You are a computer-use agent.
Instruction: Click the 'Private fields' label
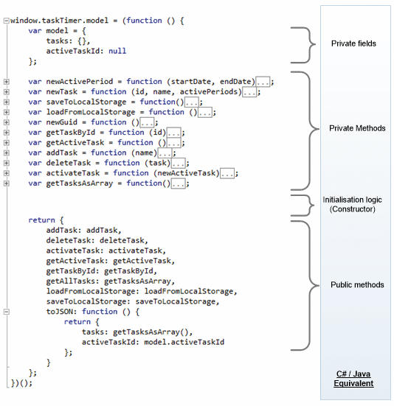click(x=353, y=43)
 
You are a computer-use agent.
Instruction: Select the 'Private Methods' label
click(x=357, y=128)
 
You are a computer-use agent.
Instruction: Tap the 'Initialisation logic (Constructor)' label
click(x=352, y=204)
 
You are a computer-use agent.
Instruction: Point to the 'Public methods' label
click(x=357, y=285)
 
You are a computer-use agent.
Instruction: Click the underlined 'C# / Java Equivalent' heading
click(x=353, y=379)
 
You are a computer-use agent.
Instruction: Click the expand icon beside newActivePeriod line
click(x=7, y=82)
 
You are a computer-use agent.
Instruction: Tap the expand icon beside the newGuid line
click(x=7, y=122)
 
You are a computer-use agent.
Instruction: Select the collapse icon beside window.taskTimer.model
click(x=7, y=21)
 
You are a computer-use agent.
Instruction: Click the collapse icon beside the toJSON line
click(x=7, y=312)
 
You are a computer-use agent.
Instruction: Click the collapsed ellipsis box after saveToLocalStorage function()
click(x=192, y=102)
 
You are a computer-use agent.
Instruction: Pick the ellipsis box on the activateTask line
click(x=227, y=173)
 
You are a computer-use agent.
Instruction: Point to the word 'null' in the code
click(x=117, y=51)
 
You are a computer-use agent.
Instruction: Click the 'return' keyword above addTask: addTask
click(x=42, y=220)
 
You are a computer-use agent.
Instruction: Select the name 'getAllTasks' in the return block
click(x=71, y=281)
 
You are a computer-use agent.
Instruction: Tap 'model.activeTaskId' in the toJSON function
click(x=184, y=343)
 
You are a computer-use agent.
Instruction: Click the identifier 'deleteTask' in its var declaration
click(x=69, y=163)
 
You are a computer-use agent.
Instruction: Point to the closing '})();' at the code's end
click(x=21, y=383)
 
